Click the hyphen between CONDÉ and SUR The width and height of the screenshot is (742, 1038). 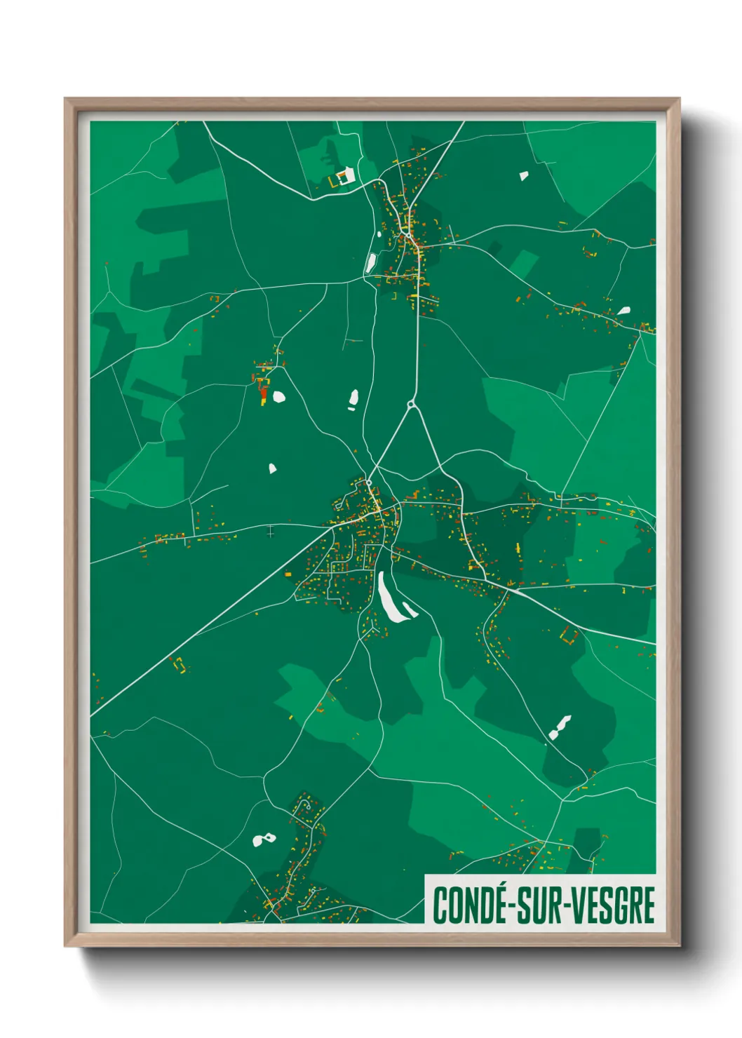(x=511, y=907)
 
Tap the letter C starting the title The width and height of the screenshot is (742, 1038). (x=440, y=905)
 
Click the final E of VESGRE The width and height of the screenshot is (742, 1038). (x=647, y=905)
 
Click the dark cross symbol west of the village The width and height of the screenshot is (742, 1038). (x=271, y=532)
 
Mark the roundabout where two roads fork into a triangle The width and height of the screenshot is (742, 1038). (x=412, y=405)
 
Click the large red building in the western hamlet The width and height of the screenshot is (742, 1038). (x=263, y=395)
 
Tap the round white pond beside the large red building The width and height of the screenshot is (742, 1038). (x=279, y=397)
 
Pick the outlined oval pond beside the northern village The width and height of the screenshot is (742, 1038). (x=370, y=263)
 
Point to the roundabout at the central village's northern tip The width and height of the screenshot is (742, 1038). (x=368, y=483)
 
